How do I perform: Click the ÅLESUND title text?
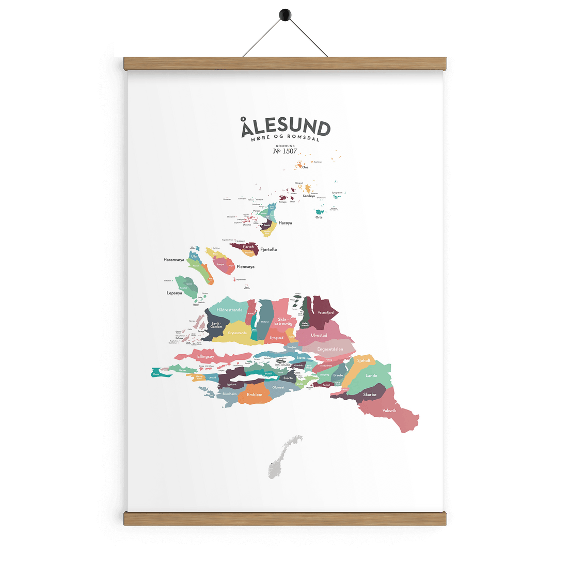point(285,127)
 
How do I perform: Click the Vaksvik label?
point(389,411)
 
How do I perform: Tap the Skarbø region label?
point(370,395)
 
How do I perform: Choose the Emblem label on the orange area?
point(255,395)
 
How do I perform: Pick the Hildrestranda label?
point(230,310)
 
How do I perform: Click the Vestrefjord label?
point(325,313)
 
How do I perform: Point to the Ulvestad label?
point(319,335)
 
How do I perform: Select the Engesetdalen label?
point(330,349)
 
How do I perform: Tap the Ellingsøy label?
point(206,356)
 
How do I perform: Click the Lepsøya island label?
point(175,293)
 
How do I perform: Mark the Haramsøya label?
point(174,260)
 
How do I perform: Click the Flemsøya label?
point(245,267)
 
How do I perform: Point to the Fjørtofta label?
point(269,249)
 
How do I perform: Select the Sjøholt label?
point(364,360)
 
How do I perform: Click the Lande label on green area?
point(371,375)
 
